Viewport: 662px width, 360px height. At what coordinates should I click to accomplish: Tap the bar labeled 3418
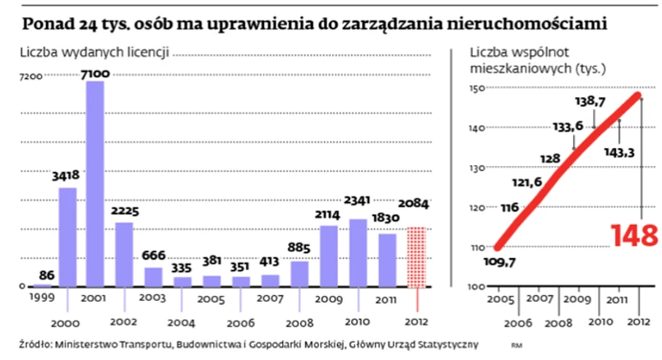pyautogui.click(x=68, y=237)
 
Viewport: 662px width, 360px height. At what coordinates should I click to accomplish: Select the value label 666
pyautogui.click(x=154, y=255)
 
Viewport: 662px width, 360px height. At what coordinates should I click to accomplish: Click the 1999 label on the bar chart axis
pyautogui.click(x=39, y=294)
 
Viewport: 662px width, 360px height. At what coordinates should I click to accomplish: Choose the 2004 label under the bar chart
pyautogui.click(x=183, y=324)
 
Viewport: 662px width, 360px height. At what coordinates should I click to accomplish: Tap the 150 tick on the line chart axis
pyautogui.click(x=479, y=89)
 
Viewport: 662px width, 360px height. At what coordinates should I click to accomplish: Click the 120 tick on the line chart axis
pyautogui.click(x=479, y=207)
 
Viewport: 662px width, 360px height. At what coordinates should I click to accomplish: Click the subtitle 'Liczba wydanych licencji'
pyautogui.click(x=95, y=53)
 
